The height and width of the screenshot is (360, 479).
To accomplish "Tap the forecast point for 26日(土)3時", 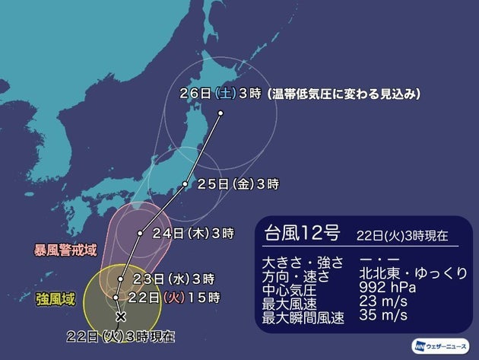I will pyautogui.click(x=220, y=113).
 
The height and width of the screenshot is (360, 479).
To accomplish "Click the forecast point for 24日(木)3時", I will pyautogui.click(x=140, y=233).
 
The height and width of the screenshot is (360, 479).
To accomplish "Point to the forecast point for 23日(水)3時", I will pyautogui.click(x=120, y=279).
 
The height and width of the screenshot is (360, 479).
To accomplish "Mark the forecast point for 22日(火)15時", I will pyautogui.click(x=116, y=297).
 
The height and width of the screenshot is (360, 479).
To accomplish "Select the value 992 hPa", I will pyautogui.click(x=392, y=288).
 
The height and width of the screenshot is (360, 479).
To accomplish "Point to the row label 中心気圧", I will pyautogui.click(x=287, y=288).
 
